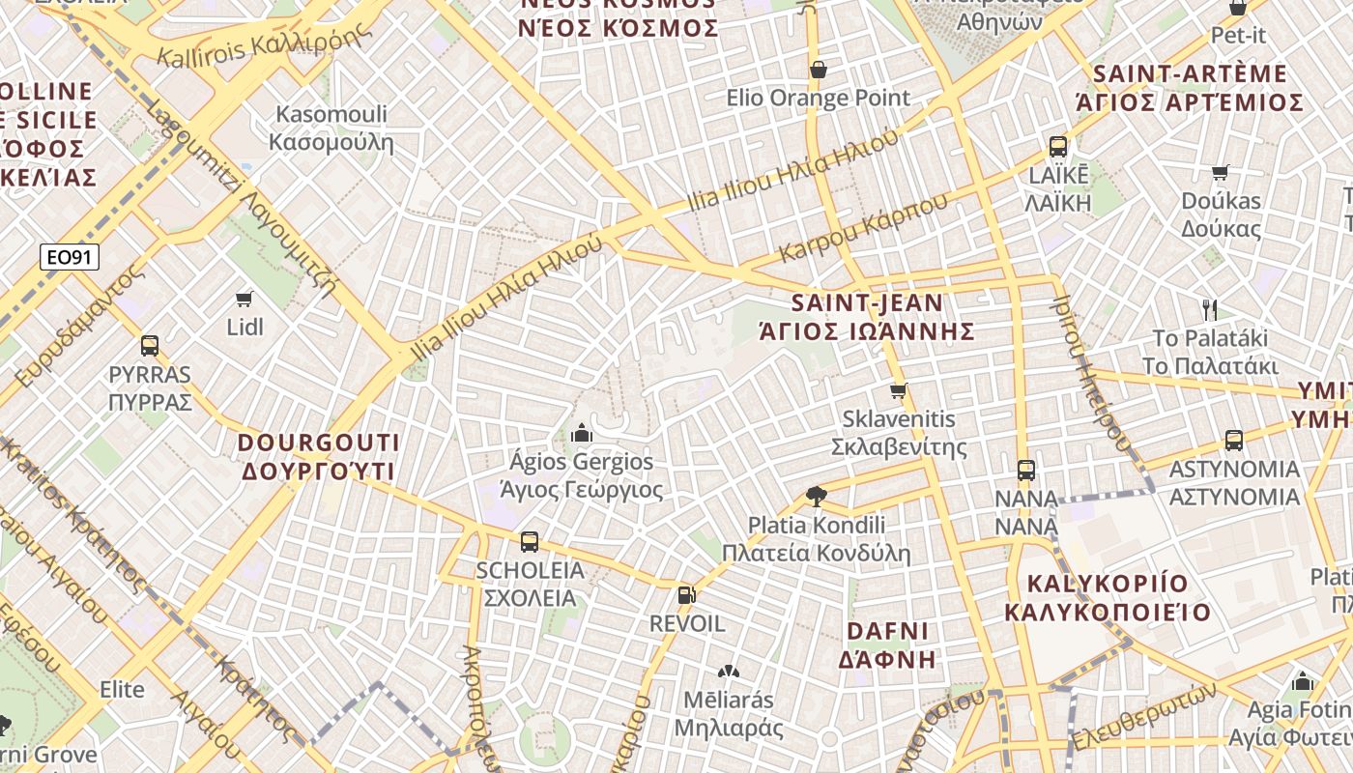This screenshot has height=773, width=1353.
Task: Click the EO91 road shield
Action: pyautogui.click(x=70, y=257)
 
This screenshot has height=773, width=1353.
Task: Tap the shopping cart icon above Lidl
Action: pyautogui.click(x=245, y=300)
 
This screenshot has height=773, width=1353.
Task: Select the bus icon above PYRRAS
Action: pyautogui.click(x=150, y=346)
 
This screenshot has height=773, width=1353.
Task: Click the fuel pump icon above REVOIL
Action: pyautogui.click(x=686, y=595)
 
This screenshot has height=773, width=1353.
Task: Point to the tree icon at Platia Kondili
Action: pyautogui.click(x=817, y=497)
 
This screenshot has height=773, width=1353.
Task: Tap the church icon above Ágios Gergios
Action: pyautogui.click(x=582, y=433)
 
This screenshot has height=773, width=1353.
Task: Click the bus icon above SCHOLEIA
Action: pyautogui.click(x=530, y=542)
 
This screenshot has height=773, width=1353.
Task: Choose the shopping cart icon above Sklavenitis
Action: pyautogui.click(x=899, y=391)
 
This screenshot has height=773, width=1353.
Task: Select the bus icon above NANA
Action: pyautogui.click(x=1026, y=471)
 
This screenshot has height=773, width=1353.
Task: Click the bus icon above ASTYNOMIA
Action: pyautogui.click(x=1234, y=441)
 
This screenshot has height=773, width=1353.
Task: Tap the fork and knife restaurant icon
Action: pyautogui.click(x=1209, y=309)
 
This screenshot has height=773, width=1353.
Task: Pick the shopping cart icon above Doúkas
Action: pyautogui.click(x=1221, y=172)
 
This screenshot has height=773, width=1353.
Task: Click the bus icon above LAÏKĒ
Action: pyautogui.click(x=1058, y=147)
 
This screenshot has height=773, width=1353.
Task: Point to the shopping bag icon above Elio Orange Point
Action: pyautogui.click(x=819, y=70)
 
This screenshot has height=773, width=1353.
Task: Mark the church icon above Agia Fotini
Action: pyautogui.click(x=1303, y=681)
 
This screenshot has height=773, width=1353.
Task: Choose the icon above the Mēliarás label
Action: pyautogui.click(x=728, y=671)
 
